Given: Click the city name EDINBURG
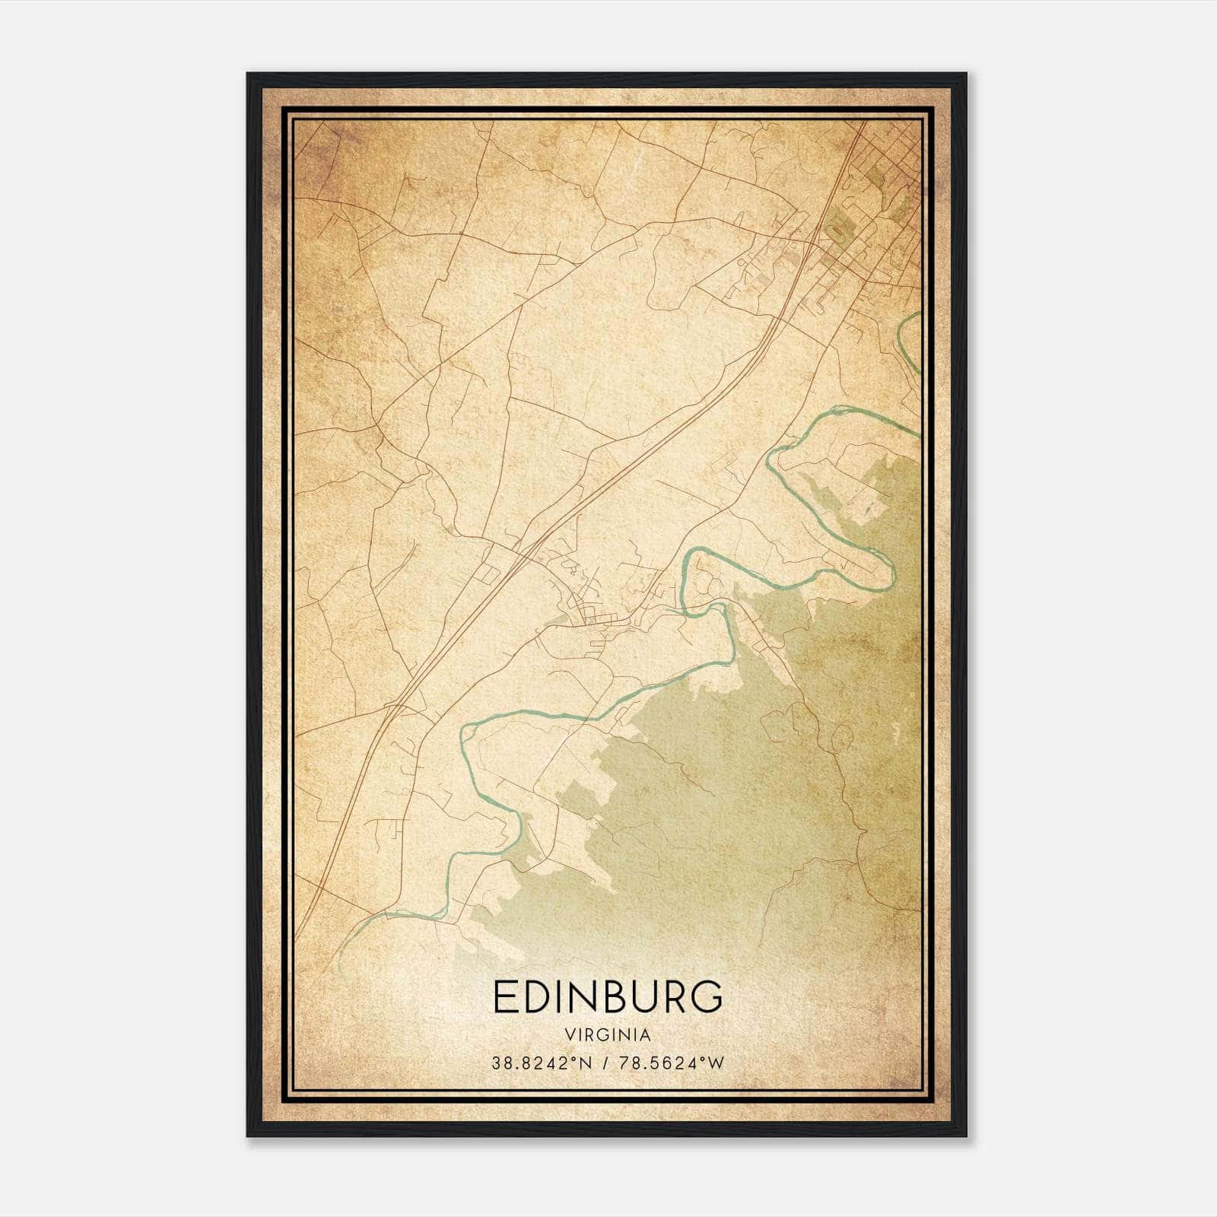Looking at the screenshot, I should coord(608,997).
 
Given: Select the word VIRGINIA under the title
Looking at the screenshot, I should coord(608,1035).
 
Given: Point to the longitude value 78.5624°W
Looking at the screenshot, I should coord(670,1063).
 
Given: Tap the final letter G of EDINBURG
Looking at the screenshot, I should coord(707,997).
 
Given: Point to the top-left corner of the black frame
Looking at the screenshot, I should coord(248,75).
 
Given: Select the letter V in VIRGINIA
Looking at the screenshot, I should coord(569,1035).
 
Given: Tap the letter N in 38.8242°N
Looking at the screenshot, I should coord(586,1063).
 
